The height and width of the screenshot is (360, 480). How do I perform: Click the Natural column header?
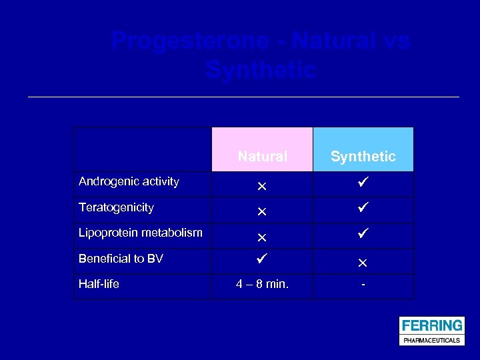click(x=262, y=157)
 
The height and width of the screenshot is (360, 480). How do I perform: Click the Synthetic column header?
click(x=363, y=157)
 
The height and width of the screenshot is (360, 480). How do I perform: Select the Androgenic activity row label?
click(x=129, y=181)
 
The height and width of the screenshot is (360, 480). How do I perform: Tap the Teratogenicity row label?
click(x=116, y=207)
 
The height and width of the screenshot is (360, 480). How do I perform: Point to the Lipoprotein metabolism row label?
click(x=140, y=233)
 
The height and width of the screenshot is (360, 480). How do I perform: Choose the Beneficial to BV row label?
click(x=121, y=259)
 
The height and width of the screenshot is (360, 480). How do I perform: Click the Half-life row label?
click(x=99, y=284)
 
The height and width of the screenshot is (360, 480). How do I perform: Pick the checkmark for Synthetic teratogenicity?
click(x=363, y=209)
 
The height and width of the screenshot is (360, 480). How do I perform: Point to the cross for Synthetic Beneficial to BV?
click(x=363, y=263)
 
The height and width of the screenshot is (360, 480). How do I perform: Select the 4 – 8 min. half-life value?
click(x=262, y=285)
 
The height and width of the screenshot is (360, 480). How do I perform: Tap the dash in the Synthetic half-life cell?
click(x=363, y=285)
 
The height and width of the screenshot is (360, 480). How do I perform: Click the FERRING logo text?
click(x=431, y=325)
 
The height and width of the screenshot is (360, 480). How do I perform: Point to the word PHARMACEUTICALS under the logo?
click(x=431, y=340)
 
